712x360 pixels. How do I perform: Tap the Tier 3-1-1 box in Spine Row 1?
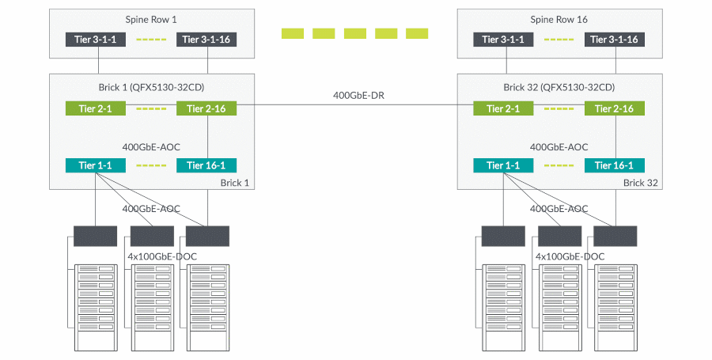point(95,39)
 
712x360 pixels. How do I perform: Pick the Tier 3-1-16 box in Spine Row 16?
point(615,39)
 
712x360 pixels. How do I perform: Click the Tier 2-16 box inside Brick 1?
point(206,109)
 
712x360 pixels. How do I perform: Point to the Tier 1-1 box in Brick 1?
point(95,165)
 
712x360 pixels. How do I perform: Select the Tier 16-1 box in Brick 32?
point(615,165)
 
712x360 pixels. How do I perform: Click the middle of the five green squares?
point(354,33)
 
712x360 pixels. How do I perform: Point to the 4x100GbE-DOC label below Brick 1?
point(162,257)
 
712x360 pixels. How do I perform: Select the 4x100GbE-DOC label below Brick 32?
point(570,257)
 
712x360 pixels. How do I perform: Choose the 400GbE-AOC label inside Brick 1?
point(151,147)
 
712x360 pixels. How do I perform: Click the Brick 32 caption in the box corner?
point(640,183)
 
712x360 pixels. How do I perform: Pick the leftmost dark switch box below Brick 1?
point(95,235)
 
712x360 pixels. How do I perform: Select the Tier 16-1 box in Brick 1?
point(206,165)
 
